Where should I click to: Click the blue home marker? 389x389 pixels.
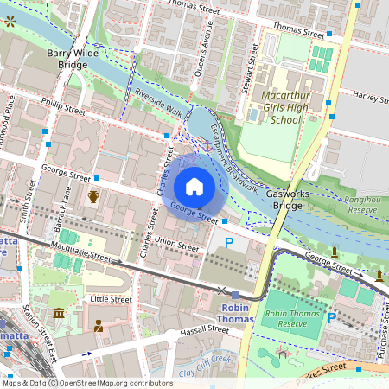(194, 187)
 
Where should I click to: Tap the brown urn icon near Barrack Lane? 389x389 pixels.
(93, 197)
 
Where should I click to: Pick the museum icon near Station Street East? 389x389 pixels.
(58, 312)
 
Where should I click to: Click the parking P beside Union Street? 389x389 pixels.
(229, 245)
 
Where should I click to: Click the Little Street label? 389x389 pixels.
(111, 299)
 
